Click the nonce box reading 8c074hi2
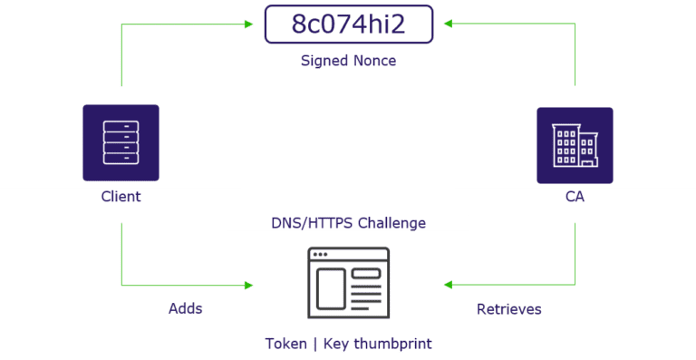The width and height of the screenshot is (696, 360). click(x=348, y=24)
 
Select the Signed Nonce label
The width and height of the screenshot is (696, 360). click(x=348, y=61)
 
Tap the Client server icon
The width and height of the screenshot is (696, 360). click(x=121, y=144)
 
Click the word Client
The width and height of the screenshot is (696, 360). click(x=121, y=196)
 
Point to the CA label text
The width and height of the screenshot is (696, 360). click(x=575, y=196)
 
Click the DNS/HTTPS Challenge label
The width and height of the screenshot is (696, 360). click(x=348, y=222)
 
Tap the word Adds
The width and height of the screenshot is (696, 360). click(x=186, y=308)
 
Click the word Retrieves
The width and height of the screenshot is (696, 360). click(x=509, y=308)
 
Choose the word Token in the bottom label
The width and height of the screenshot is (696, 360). click(x=285, y=344)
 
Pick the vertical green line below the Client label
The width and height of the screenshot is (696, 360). click(x=121, y=249)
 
